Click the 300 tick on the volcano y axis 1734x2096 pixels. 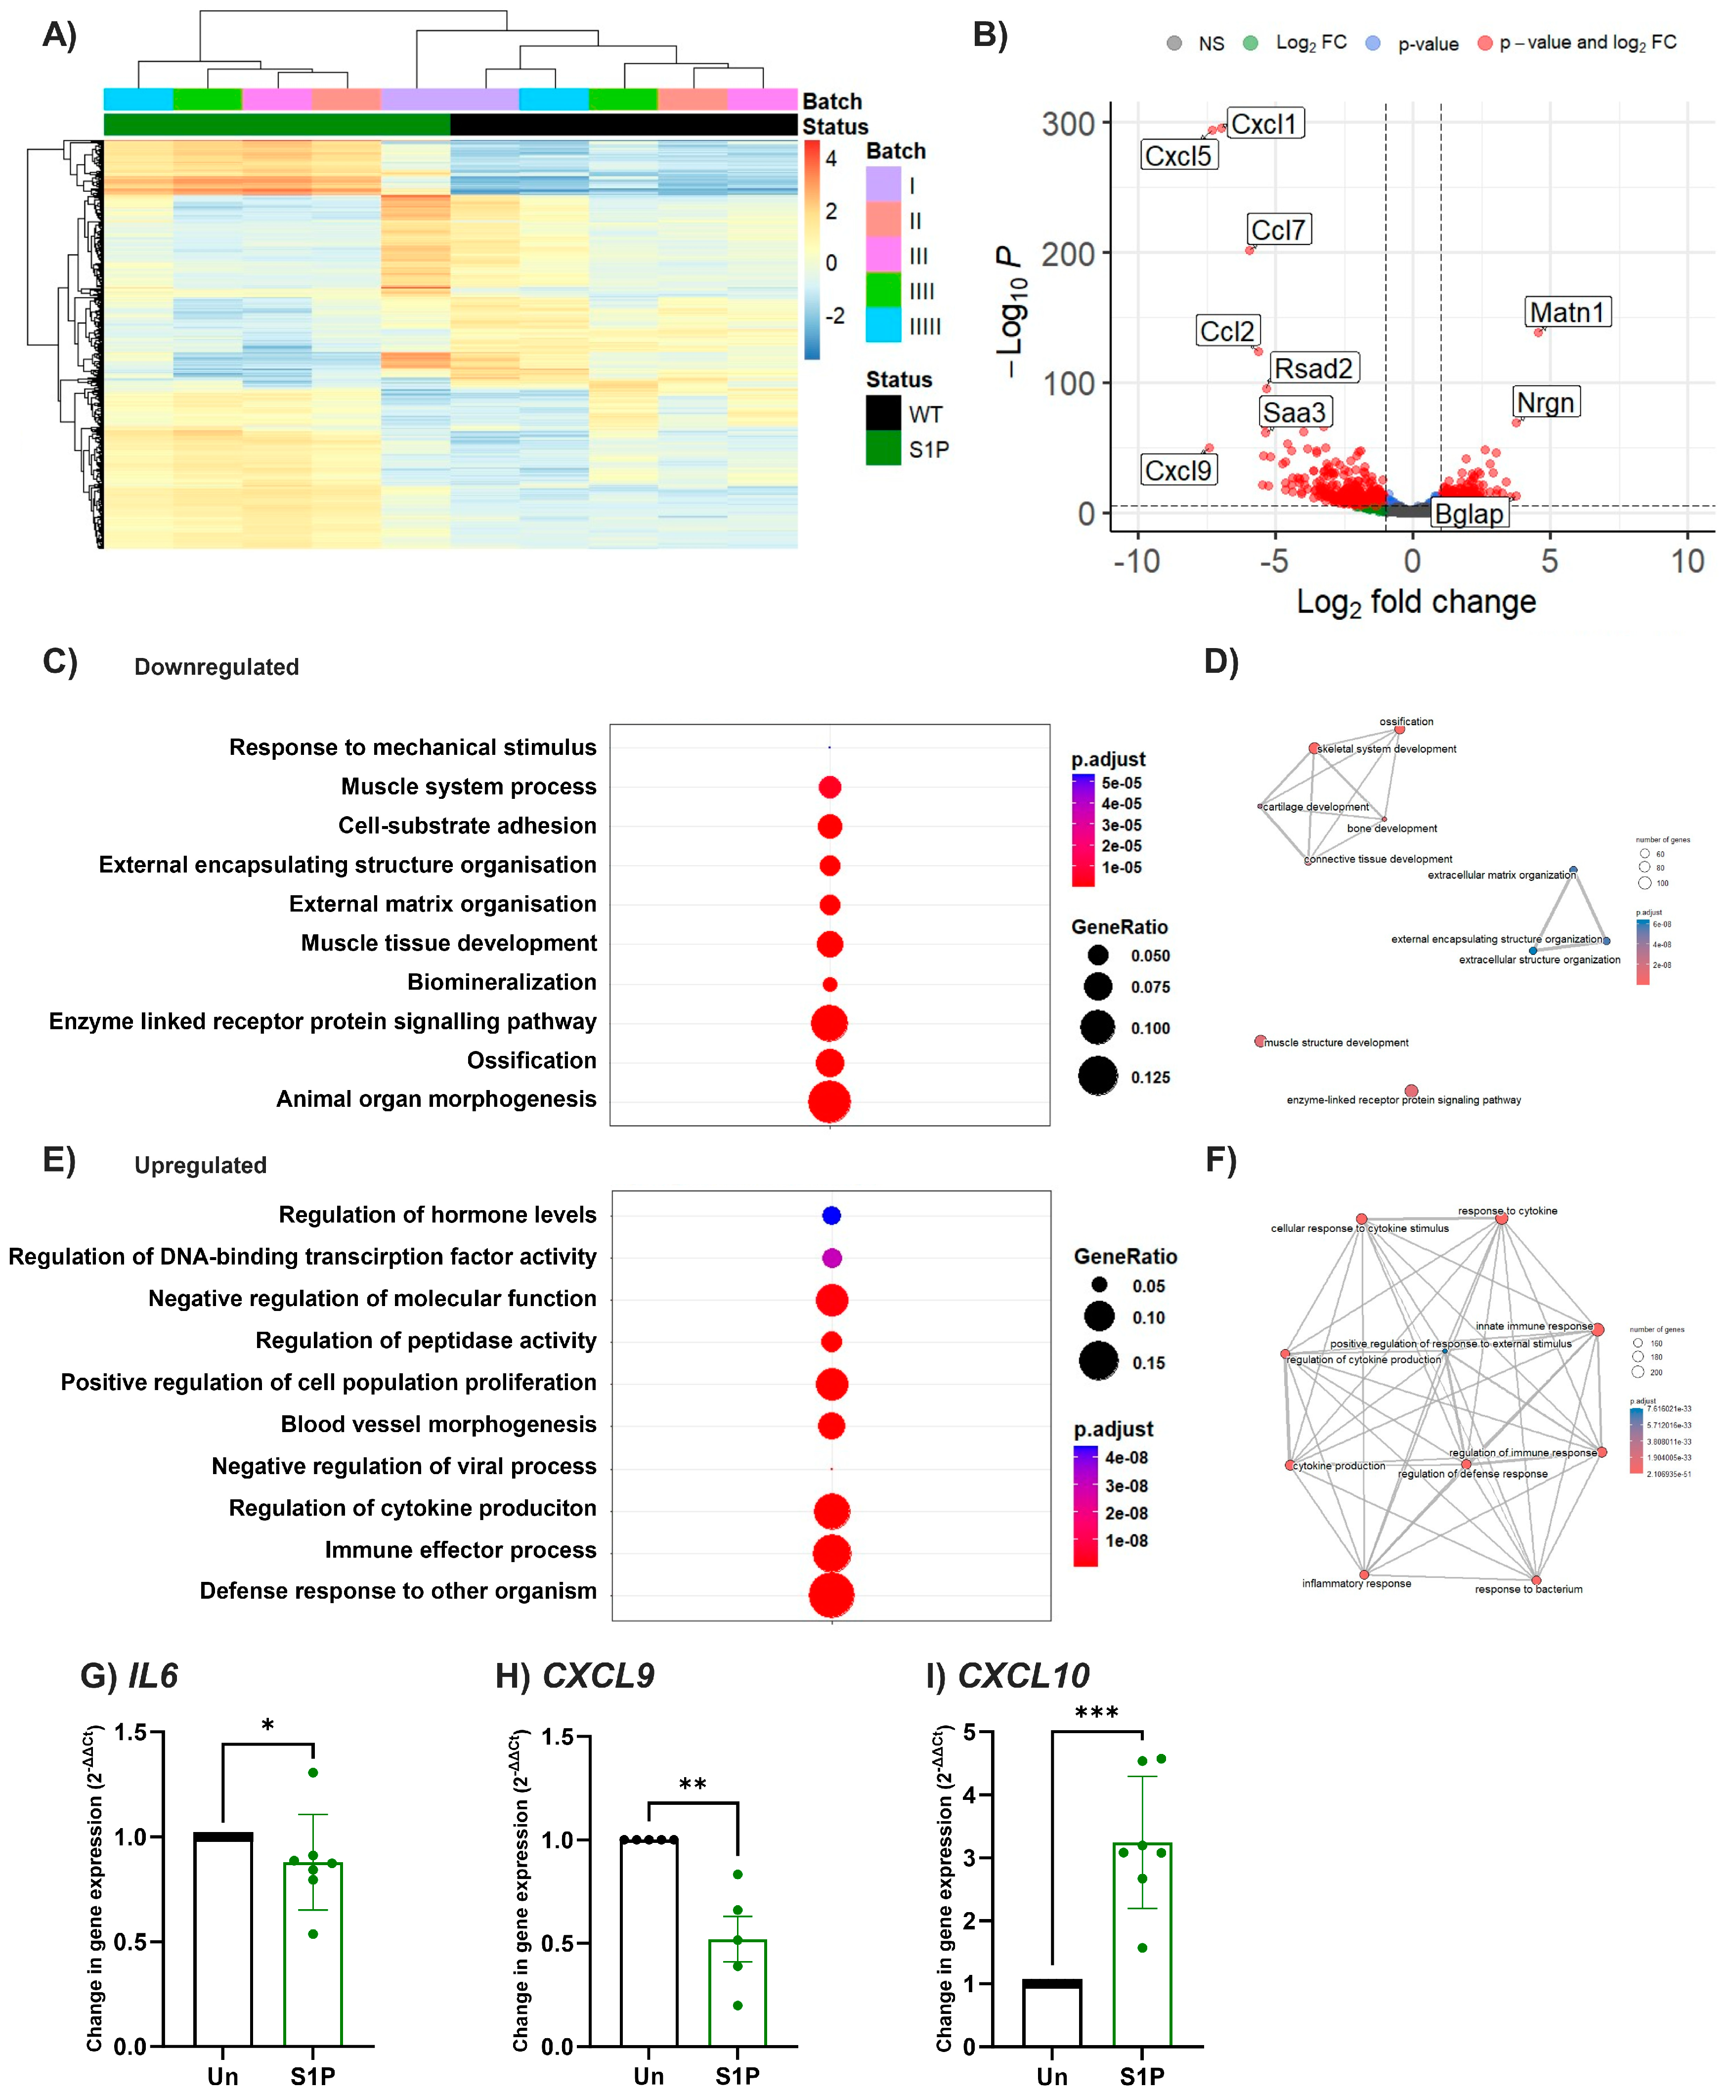pos(1068,125)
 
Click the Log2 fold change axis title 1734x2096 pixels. pos(1416,602)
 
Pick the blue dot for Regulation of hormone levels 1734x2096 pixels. pos(831,1215)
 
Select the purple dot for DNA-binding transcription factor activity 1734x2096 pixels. pos(831,1258)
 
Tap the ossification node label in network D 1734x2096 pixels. pos(1406,722)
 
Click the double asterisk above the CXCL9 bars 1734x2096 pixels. pos(693,1785)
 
